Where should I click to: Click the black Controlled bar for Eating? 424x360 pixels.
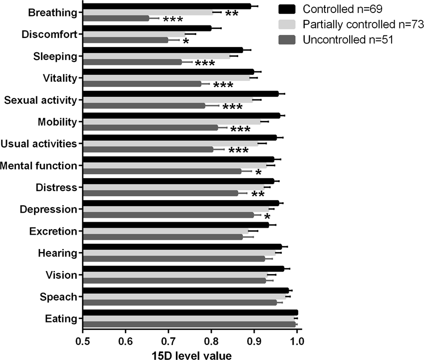click(190, 313)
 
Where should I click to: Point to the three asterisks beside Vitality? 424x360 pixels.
click(223, 85)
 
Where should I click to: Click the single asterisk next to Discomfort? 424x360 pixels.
click(186, 41)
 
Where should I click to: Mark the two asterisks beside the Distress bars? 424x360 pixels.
click(258, 195)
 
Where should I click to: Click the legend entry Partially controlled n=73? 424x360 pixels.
click(350, 24)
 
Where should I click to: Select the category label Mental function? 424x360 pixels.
click(40, 165)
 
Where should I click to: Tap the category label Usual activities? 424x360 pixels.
click(39, 144)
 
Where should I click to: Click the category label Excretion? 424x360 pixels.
click(53, 231)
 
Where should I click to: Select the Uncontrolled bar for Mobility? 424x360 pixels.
click(150, 127)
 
